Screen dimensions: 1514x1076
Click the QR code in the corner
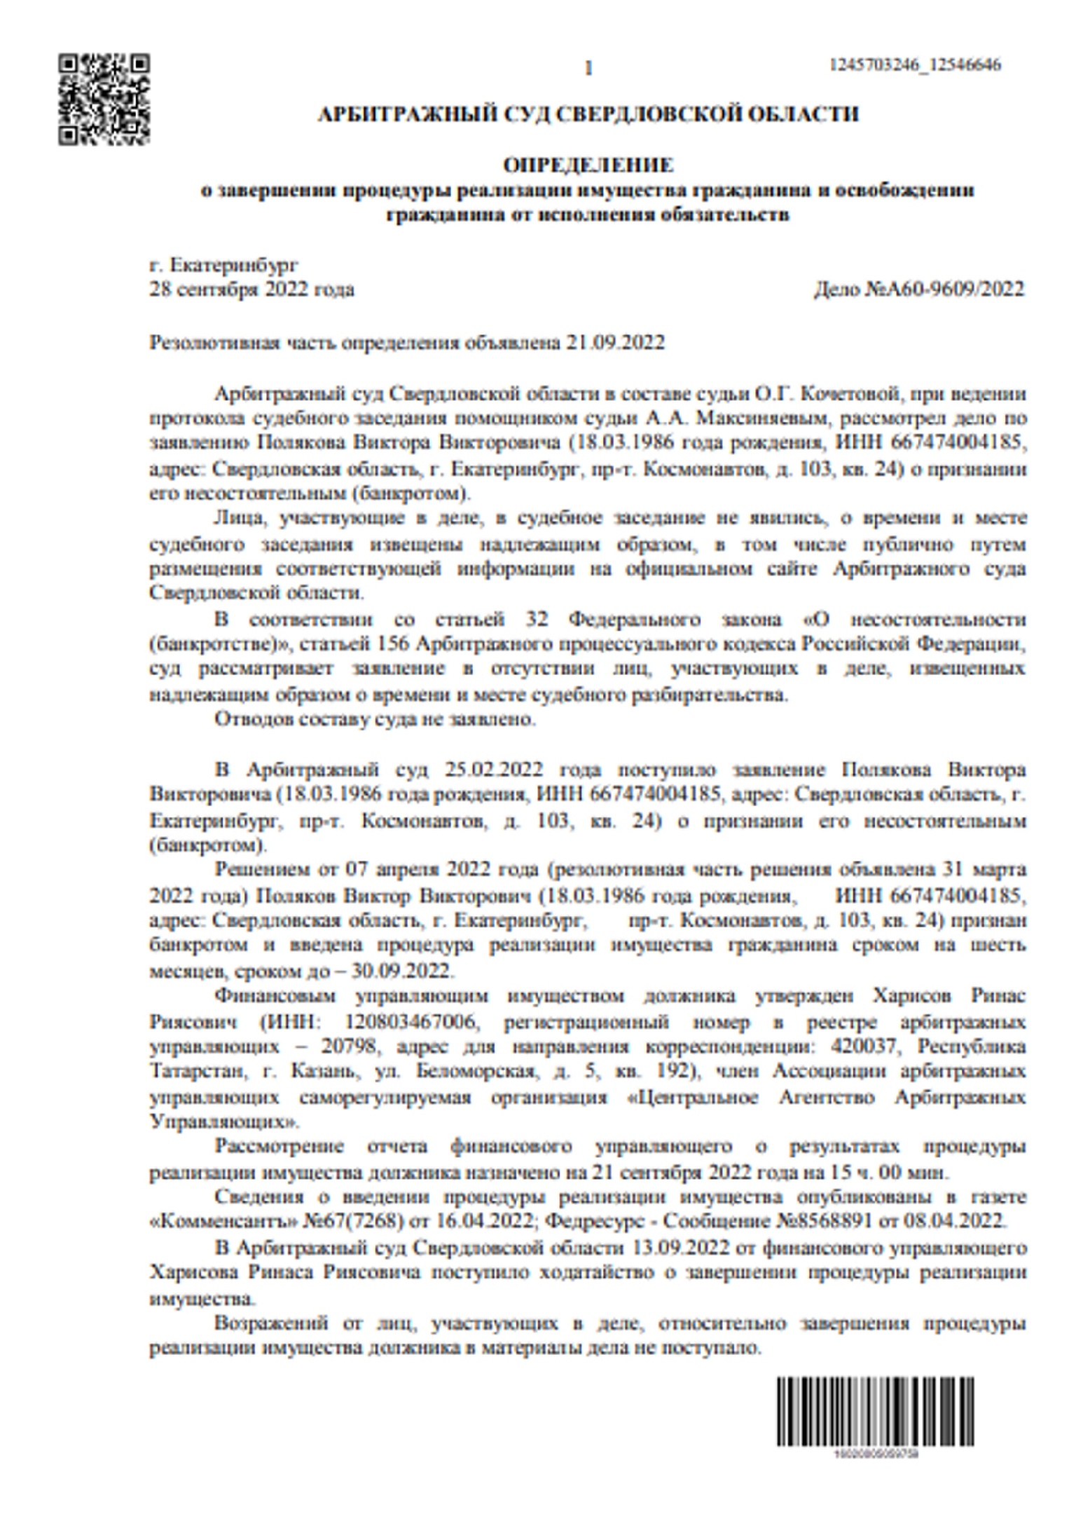pos(104,100)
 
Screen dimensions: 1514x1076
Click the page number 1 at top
pos(588,68)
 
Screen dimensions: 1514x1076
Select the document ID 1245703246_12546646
pos(915,65)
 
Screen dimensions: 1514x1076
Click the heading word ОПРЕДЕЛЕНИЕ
pos(588,165)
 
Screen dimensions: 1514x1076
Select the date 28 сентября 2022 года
pos(252,289)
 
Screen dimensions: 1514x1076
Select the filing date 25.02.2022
pos(494,770)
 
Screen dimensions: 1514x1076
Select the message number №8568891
pos(822,1220)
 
